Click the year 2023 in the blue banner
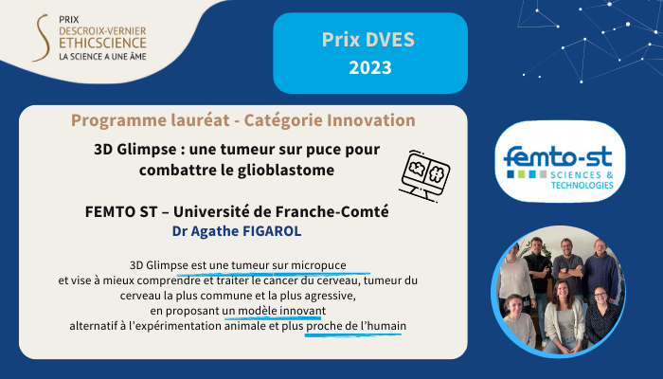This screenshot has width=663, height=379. point(370,67)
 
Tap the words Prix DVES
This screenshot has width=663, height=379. point(368,40)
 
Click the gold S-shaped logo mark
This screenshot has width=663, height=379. point(42,38)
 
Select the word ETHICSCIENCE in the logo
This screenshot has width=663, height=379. point(102,44)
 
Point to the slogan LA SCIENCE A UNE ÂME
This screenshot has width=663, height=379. point(102,57)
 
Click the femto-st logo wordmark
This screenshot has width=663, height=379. point(558,156)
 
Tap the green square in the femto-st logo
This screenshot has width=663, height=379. point(521,174)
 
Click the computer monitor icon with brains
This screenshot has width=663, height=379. point(424,175)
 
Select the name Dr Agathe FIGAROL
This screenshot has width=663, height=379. point(237,231)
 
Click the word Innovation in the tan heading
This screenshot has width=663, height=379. point(371,120)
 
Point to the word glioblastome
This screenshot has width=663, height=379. point(286,170)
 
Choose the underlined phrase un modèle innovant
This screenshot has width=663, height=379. point(274,312)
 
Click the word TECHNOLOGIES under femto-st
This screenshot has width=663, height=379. point(582,186)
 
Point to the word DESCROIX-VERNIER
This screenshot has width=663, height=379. point(102,31)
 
